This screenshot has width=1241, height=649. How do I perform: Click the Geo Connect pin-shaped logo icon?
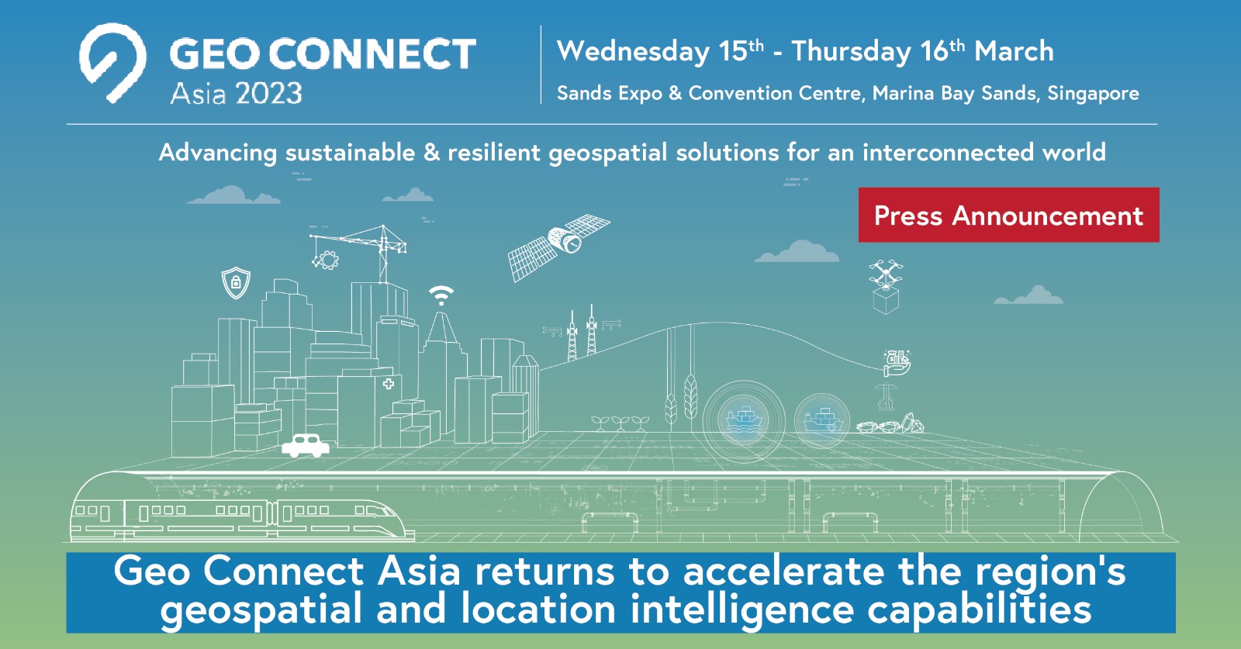coord(112,62)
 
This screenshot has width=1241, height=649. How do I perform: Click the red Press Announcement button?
coord(1008,215)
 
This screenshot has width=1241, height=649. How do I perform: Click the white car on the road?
coord(306,445)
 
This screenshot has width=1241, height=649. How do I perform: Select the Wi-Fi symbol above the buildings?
coord(441,295)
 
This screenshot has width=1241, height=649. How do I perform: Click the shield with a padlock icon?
coord(236,283)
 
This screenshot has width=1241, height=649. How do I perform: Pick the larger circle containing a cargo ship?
coord(744,421)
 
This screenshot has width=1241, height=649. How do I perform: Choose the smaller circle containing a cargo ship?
coord(822,421)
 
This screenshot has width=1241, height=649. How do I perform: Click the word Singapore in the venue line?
coord(1093,94)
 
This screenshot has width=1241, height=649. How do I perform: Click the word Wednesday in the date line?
coord(633,52)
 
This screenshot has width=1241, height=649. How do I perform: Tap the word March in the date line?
coord(1014,52)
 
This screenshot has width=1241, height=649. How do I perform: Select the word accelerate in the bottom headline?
coord(783,572)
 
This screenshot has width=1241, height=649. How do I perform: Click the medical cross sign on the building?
coord(389,383)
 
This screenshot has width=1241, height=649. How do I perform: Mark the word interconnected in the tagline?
coord(948,152)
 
